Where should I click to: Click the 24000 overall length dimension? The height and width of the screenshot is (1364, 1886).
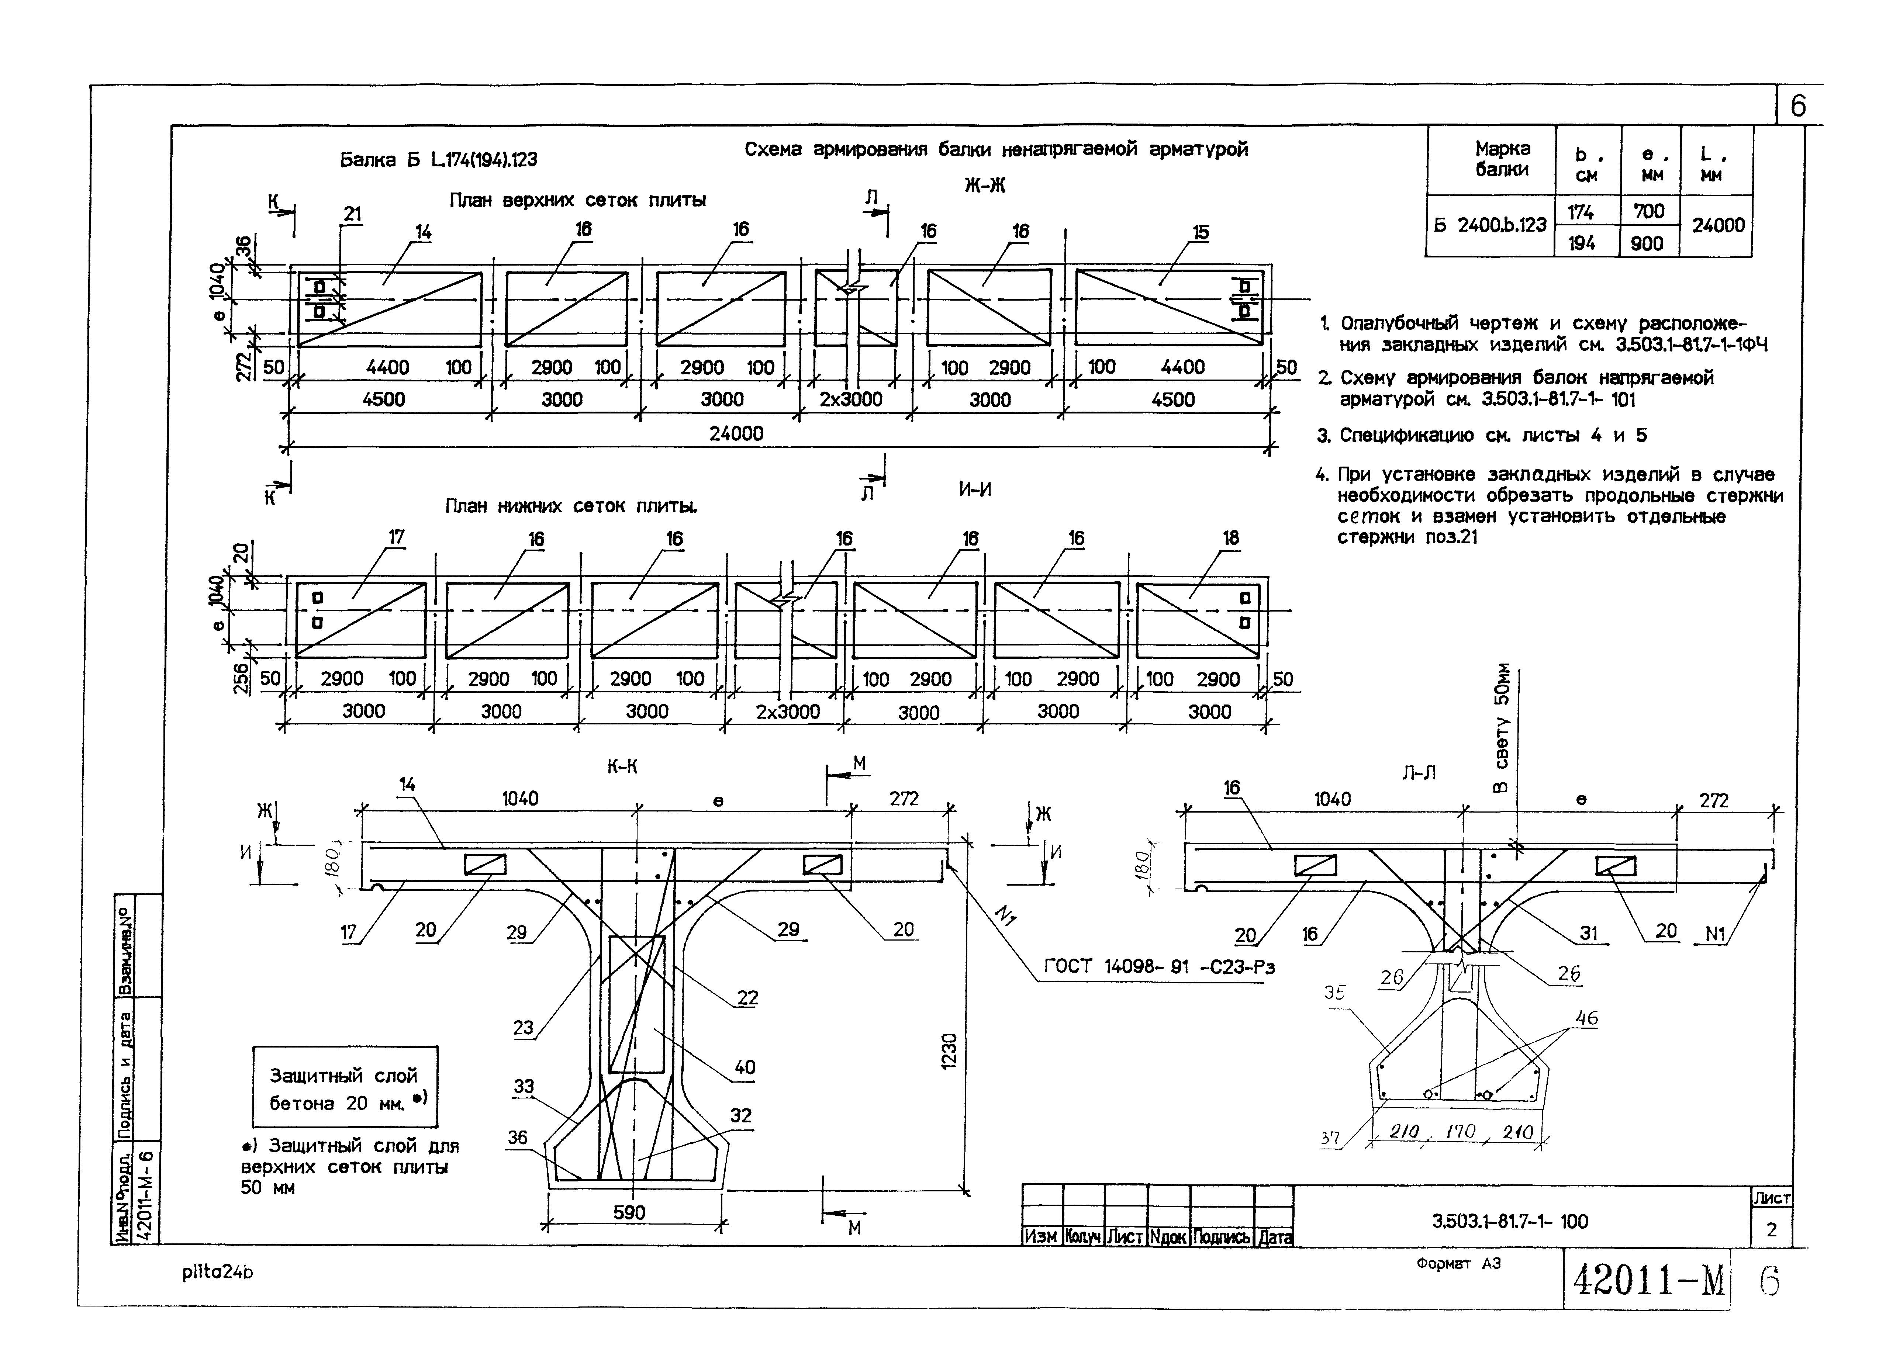coord(736,433)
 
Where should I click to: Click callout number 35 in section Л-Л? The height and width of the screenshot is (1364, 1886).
coord(1335,993)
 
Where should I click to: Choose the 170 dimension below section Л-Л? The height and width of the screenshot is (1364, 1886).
coord(1460,1131)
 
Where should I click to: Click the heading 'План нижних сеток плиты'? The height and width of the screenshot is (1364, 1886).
coord(571,506)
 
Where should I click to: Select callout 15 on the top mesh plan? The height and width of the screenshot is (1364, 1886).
coord(1201,233)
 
